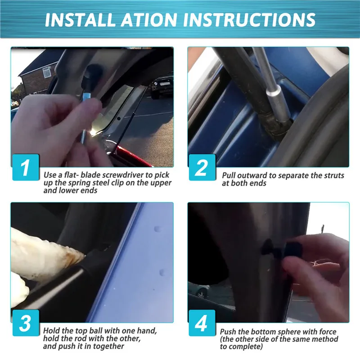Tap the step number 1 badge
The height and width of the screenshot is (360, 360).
click(x=25, y=167)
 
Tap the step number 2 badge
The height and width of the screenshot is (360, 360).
click(x=202, y=167)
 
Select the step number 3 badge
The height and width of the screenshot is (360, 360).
click(x=25, y=323)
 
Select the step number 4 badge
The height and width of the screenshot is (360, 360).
click(x=202, y=323)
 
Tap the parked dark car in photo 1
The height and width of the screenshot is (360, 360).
click(x=162, y=85)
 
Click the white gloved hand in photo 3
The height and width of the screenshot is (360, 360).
click(x=40, y=252)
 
